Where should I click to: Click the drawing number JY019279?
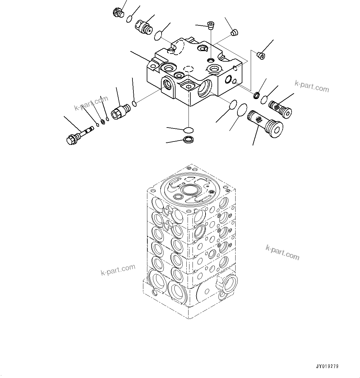pos(327,366)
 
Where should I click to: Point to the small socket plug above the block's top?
pos(211,25)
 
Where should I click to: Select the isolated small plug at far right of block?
pos(261,55)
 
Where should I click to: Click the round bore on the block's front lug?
pos(168,84)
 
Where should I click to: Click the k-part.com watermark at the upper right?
pos(312,86)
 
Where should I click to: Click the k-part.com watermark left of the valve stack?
pos(118,270)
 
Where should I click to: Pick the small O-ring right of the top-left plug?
pos(130,19)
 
